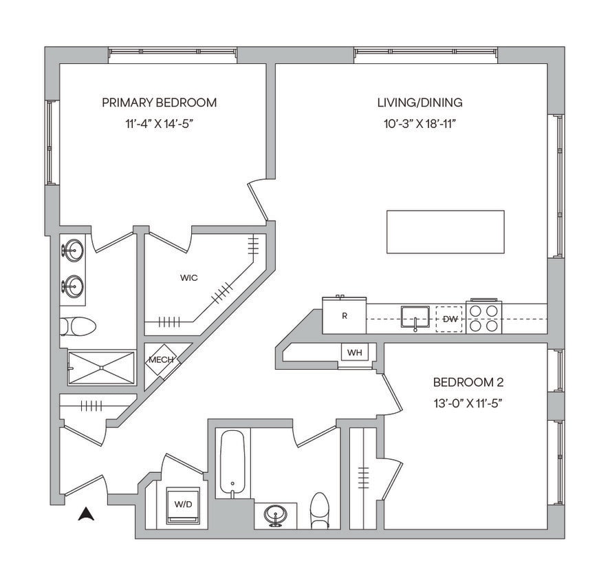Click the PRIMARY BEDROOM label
[159, 103]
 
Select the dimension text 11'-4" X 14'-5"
[159, 125]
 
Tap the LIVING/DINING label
[420, 103]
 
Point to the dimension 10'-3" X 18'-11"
[420, 125]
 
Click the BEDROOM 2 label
[464, 382]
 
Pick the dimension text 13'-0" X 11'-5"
[464, 403]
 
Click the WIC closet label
[189, 278]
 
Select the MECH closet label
[160, 359]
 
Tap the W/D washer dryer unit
[183, 505]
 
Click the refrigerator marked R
[345, 317]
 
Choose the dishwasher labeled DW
[450, 319]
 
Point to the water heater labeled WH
[354, 352]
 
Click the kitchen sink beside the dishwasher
[415, 317]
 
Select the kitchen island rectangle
[445, 232]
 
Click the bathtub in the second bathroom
[232, 463]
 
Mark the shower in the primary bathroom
[101, 367]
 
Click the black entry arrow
[86, 514]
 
